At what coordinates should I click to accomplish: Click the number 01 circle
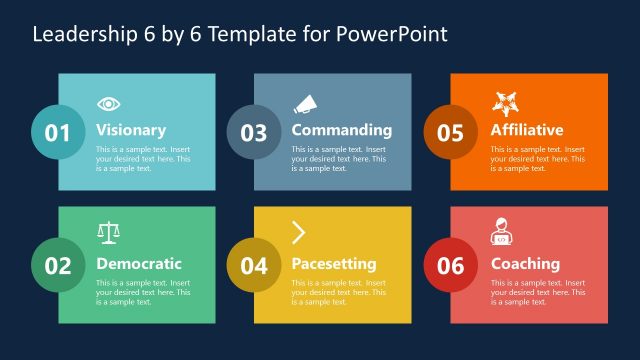click(58, 132)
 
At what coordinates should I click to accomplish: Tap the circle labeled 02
click(58, 265)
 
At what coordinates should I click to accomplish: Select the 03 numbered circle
click(254, 132)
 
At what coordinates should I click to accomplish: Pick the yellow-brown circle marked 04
click(254, 265)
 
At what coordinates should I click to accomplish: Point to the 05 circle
click(450, 132)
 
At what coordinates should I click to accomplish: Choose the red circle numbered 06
click(450, 265)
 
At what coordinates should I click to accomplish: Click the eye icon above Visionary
click(108, 103)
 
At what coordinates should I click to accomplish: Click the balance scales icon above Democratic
click(108, 234)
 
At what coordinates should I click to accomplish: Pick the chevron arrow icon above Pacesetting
click(298, 234)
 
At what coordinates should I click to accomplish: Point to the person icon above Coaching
click(502, 236)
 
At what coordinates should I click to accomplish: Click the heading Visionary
click(131, 130)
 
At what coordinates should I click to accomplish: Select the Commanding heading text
click(341, 130)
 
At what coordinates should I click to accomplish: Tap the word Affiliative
click(527, 130)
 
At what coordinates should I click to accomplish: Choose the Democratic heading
click(139, 264)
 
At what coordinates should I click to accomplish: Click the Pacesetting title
click(333, 264)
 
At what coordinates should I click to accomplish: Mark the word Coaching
click(525, 264)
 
